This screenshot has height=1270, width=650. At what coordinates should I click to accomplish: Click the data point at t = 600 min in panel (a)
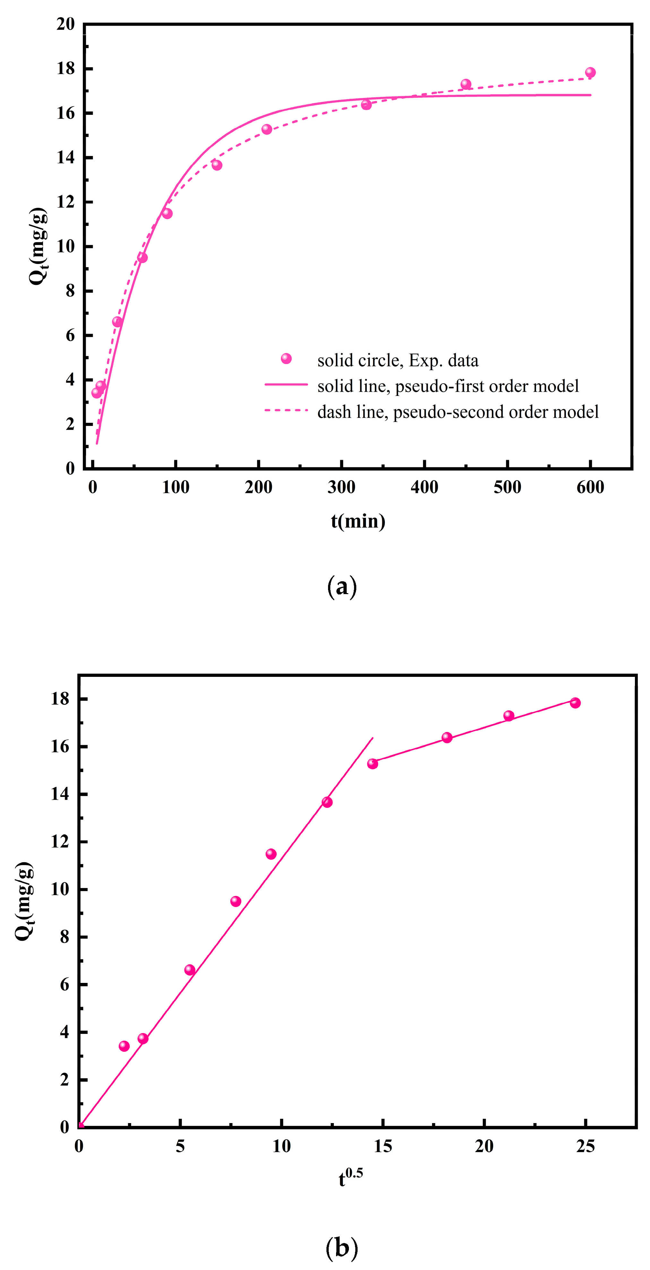click(590, 72)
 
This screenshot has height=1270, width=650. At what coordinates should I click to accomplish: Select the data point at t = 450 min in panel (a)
click(465, 84)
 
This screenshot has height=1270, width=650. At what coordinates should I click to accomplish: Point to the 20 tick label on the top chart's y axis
click(65, 24)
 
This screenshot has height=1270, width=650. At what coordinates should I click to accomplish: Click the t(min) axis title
click(358, 521)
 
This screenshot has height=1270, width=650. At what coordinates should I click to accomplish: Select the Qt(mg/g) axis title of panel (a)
click(39, 246)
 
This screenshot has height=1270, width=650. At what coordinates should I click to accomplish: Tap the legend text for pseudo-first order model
click(448, 386)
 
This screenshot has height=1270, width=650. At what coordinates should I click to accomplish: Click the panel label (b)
click(342, 1247)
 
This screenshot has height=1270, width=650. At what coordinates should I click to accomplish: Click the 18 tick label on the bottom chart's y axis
click(60, 699)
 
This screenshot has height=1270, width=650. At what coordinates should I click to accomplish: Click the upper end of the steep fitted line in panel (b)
click(372, 738)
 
